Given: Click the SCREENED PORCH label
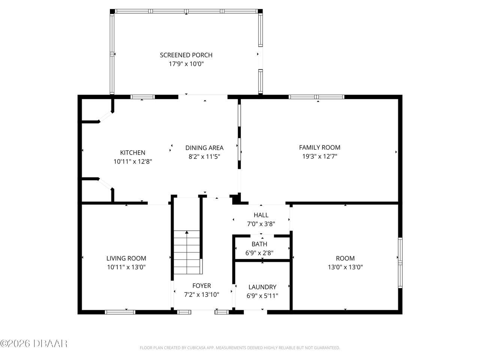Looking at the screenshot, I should [x=186, y=55].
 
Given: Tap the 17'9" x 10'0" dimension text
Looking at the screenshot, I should [x=186, y=64].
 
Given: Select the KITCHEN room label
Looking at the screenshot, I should [x=132, y=153].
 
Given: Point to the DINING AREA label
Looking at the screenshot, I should [x=204, y=148].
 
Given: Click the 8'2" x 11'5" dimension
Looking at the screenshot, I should [x=204, y=157].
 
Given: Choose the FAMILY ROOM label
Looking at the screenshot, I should [x=319, y=147].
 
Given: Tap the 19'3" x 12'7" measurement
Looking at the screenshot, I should [x=319, y=157].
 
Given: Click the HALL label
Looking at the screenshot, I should [x=261, y=215].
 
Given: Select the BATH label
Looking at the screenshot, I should [x=259, y=244].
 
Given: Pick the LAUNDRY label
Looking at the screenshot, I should [x=262, y=287].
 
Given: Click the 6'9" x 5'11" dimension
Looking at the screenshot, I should [x=262, y=296].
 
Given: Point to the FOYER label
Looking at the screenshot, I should [x=202, y=286].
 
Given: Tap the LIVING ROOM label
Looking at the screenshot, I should [x=126, y=258].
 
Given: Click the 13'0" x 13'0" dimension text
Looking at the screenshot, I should [x=345, y=267].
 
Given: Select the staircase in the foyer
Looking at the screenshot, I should [x=187, y=252].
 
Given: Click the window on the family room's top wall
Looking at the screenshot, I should [x=316, y=97].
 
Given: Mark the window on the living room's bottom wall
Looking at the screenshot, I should [x=120, y=312].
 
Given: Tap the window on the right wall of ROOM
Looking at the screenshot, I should [x=400, y=262].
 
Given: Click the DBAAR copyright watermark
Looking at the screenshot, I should [x=34, y=343].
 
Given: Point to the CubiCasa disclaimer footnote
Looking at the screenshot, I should [x=240, y=348].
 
